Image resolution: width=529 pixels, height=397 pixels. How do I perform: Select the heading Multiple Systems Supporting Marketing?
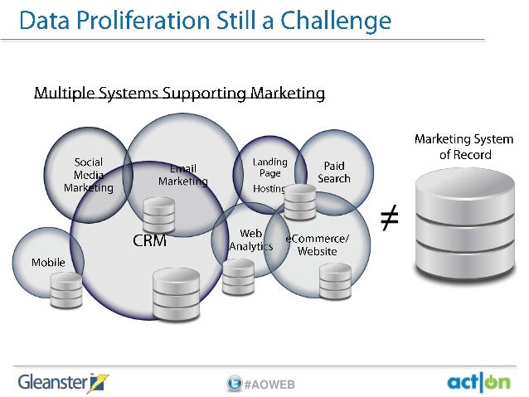(178, 94)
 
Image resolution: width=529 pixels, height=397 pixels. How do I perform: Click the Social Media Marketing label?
(88, 175)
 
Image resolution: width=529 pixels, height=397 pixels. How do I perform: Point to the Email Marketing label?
(183, 175)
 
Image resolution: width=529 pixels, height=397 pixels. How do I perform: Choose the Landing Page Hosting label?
(269, 175)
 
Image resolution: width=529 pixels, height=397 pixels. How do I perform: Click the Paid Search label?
(334, 172)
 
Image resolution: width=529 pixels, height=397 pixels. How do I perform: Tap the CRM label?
(150, 242)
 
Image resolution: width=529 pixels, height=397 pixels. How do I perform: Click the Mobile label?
(48, 263)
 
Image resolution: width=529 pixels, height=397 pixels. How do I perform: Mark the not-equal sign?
(388, 218)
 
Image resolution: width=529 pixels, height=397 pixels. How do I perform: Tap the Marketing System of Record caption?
(463, 147)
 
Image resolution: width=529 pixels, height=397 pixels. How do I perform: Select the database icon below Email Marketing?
(158, 215)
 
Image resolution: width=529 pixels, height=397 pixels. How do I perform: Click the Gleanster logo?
(63, 382)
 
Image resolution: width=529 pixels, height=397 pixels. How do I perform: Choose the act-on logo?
(478, 382)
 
